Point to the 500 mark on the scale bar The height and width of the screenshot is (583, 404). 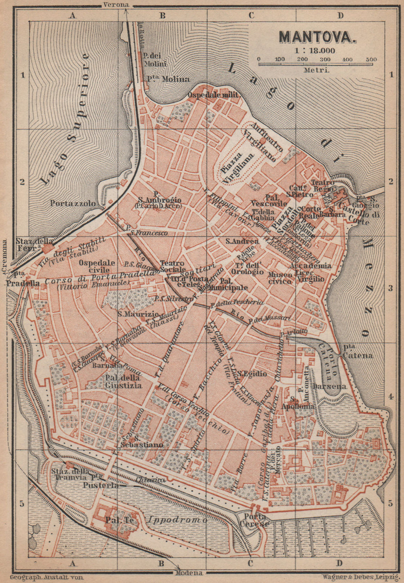(x=371, y=59)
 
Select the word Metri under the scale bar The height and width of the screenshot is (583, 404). (x=318, y=69)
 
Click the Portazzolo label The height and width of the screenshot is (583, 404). (x=74, y=203)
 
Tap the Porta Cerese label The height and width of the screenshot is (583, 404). (x=254, y=520)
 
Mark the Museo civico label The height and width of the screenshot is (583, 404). (x=280, y=278)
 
